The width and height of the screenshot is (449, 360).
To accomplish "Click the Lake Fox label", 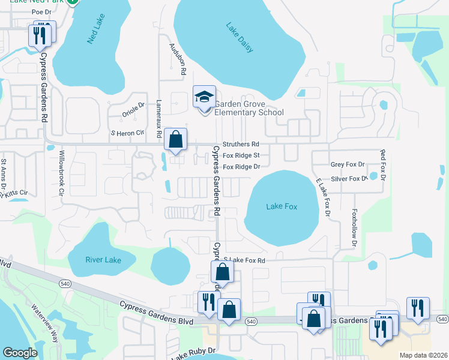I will tap(282, 207).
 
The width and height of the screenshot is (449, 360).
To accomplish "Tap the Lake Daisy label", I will tap(240, 38).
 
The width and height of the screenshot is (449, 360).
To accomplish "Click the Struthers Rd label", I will tap(240, 145).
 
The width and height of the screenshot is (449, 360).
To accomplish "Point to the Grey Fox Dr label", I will tap(348, 164).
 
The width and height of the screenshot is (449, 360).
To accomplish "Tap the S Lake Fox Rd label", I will tap(244, 260).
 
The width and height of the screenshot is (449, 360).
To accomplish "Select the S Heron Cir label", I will tap(128, 133).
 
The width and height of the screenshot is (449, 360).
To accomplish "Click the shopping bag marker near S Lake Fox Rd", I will tap(222, 272).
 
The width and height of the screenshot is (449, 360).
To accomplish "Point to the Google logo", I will tap(20, 352).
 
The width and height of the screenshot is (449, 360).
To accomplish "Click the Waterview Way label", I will tap(46, 325).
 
